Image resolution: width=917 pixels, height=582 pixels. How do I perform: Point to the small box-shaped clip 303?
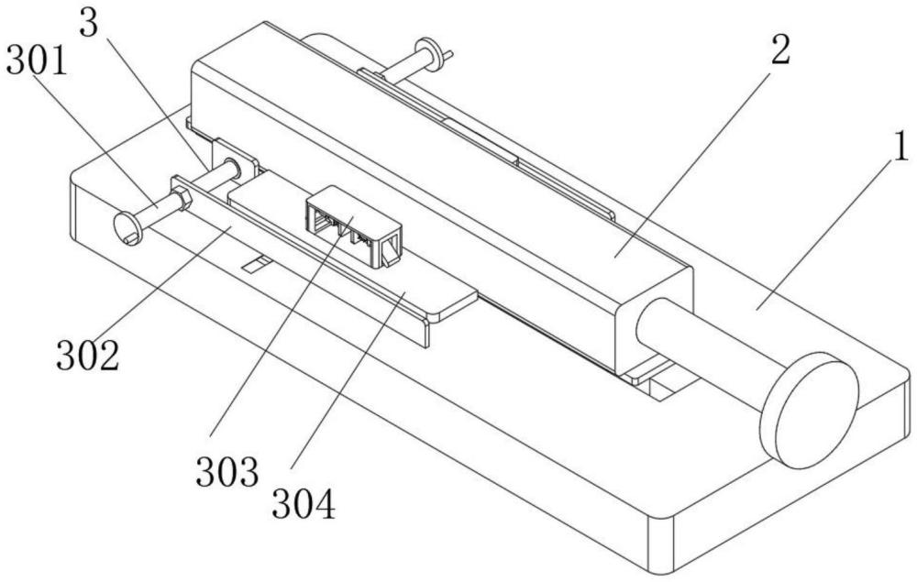[353, 225]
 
